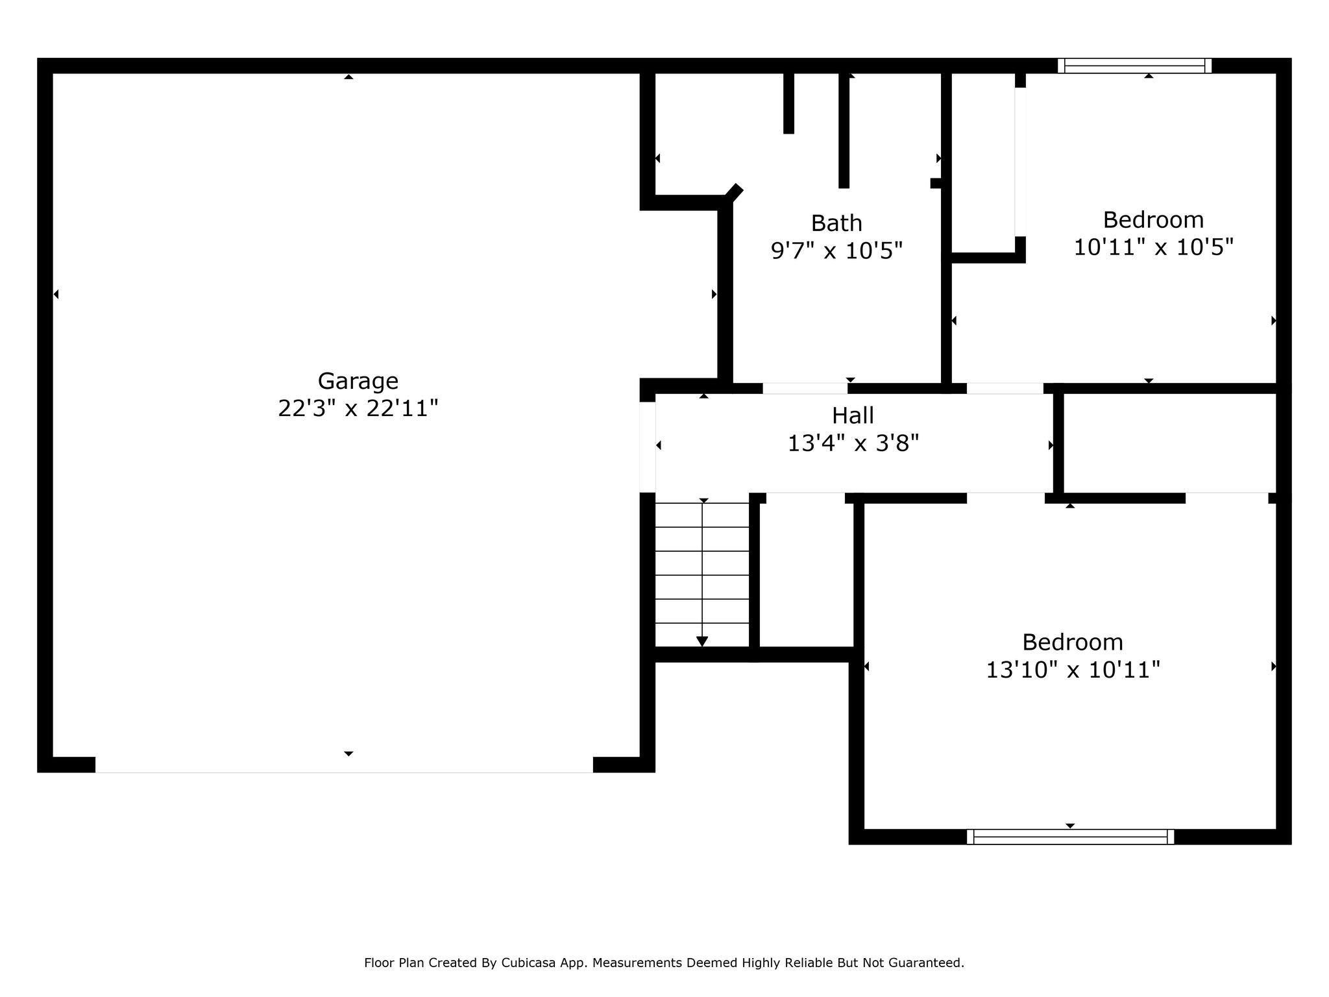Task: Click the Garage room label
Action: [x=358, y=382]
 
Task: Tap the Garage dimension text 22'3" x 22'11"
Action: [x=358, y=409]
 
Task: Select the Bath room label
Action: [x=836, y=223]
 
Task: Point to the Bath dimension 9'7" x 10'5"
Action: [x=837, y=251]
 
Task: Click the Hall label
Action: [x=853, y=415]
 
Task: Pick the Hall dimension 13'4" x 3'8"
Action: [x=853, y=443]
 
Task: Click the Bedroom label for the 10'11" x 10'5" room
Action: [x=1153, y=220]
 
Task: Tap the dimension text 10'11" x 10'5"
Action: [x=1153, y=247]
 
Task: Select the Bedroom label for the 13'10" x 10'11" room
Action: [x=1073, y=643]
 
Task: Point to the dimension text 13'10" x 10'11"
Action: [x=1073, y=670]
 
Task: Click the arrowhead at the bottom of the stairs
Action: [x=702, y=641]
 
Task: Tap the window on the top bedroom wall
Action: [x=1135, y=66]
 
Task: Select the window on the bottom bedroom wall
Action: [x=1070, y=837]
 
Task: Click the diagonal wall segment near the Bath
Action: [x=734, y=192]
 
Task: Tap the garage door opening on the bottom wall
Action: [x=345, y=765]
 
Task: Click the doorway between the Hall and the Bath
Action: [x=805, y=388]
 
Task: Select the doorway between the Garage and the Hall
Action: [x=648, y=447]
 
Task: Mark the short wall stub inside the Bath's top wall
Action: [x=789, y=103]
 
